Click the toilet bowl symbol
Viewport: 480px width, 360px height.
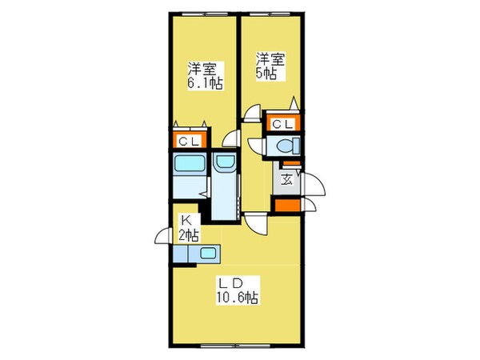286,146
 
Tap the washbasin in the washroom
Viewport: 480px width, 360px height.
225,166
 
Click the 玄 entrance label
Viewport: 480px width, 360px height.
286,179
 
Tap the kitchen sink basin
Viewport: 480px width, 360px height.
207,254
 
